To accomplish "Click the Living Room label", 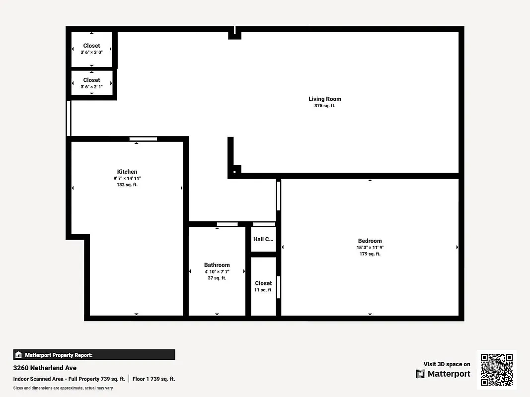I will [325, 99].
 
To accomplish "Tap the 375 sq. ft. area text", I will [325, 106].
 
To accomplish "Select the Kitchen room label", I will [127, 172].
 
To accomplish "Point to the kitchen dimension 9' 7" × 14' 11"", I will [127, 178].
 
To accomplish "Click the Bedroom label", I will [370, 241].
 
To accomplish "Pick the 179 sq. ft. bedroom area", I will [370, 254].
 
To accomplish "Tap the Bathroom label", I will [217, 265].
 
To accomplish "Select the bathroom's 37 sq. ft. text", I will [217, 278].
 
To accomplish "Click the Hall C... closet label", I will [263, 239].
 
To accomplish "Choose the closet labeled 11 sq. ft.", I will [263, 290].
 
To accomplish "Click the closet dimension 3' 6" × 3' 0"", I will [91, 52].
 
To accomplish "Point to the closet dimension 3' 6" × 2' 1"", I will [91, 86].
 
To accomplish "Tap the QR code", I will [497, 370].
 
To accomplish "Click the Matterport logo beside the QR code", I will [443, 374].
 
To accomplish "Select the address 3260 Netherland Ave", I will [45, 368].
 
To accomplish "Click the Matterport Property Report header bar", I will [94, 355].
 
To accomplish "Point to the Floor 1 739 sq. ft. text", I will [154, 379].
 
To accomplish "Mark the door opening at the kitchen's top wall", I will [143, 139].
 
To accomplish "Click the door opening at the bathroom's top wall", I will [227, 224].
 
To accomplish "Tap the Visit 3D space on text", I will [447, 364].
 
